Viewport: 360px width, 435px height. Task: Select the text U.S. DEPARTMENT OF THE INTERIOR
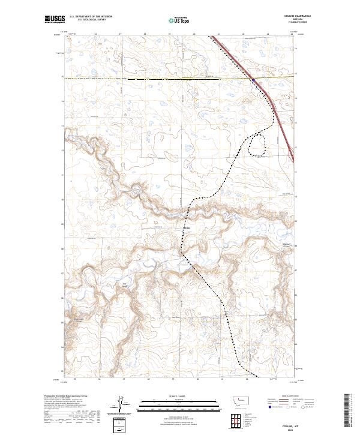[91, 17]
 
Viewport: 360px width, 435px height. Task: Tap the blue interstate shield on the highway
[254, 79]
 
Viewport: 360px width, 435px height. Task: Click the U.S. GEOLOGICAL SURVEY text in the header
[89, 20]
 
